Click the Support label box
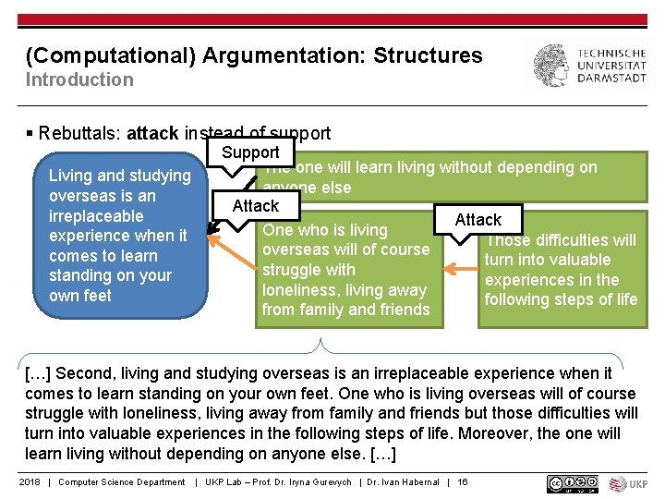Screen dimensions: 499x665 [251, 152]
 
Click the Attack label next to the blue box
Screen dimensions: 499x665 [256, 206]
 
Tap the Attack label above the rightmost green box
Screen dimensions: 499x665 [478, 220]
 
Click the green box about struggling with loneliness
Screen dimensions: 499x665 [347, 270]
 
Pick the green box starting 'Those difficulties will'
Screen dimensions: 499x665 [562, 270]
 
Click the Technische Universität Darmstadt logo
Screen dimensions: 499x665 [588, 67]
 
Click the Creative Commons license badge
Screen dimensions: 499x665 [573, 482]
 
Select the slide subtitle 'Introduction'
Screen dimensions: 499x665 [79, 79]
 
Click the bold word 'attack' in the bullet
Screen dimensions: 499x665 [152, 133]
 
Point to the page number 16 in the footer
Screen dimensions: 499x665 [463, 482]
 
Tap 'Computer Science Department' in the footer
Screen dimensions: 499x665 [122, 482]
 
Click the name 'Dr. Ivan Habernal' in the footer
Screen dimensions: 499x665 [403, 482]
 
